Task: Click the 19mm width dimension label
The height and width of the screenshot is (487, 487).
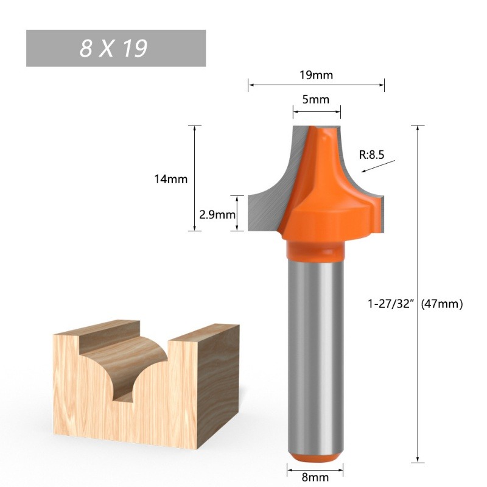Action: click(316, 75)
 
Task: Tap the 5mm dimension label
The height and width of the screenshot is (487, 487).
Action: click(315, 99)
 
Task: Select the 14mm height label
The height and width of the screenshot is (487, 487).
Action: click(171, 179)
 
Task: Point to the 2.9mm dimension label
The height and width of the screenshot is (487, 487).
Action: click(217, 215)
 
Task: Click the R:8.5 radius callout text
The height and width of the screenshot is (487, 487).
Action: click(371, 155)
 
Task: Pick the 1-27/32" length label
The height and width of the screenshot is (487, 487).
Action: click(391, 303)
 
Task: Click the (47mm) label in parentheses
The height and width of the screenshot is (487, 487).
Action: click(442, 303)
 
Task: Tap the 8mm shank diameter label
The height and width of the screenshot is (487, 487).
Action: click(315, 477)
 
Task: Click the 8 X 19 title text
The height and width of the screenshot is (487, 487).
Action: click(113, 49)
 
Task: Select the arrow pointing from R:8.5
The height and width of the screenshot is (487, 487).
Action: click(378, 166)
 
